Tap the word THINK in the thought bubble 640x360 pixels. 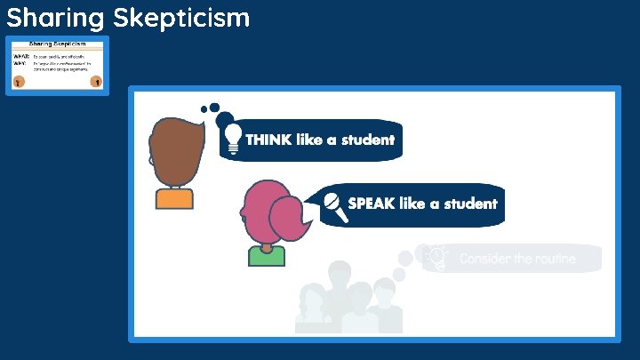(269, 140)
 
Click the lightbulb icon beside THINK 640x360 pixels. (233, 139)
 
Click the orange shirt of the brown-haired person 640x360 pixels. (174, 198)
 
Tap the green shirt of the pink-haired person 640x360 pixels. (267, 256)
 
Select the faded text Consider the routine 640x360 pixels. (517, 259)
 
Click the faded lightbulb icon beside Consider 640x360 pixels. (436, 257)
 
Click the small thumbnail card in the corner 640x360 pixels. (58, 66)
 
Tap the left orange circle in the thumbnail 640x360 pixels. (18, 81)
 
